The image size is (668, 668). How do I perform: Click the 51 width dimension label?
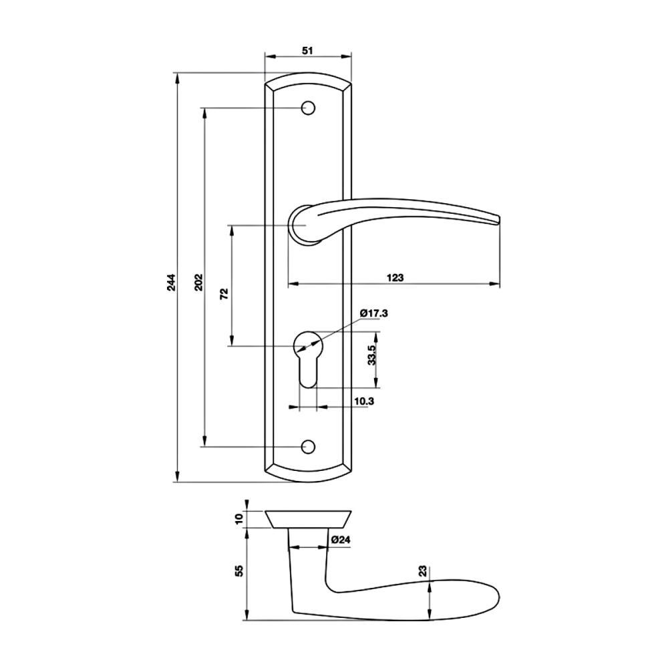(x=307, y=50)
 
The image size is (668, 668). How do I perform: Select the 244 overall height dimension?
(x=171, y=282)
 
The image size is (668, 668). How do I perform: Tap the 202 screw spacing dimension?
(x=198, y=282)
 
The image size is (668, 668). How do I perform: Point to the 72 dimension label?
(x=224, y=294)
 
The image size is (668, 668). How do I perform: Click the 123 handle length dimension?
(x=395, y=278)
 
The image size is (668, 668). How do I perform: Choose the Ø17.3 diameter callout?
(x=373, y=313)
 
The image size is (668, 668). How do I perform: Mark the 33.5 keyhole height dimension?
(x=371, y=355)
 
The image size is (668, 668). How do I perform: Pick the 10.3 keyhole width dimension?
(x=364, y=401)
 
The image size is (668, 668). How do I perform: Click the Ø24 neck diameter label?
(x=341, y=540)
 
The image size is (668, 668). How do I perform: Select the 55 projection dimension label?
(x=239, y=570)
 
